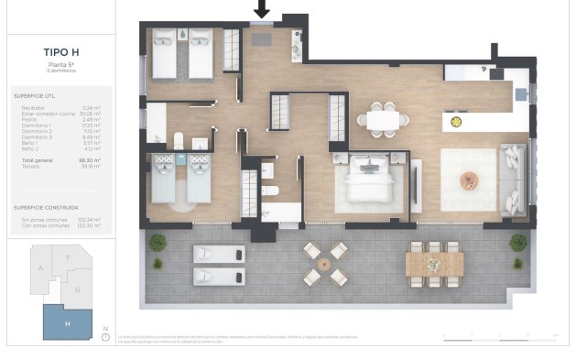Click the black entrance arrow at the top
click(262, 9)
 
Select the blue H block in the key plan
click(67, 322)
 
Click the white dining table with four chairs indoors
click(383, 118)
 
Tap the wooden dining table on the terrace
click(434, 262)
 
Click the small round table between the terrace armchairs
click(325, 263)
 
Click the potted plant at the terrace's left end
click(158, 242)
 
